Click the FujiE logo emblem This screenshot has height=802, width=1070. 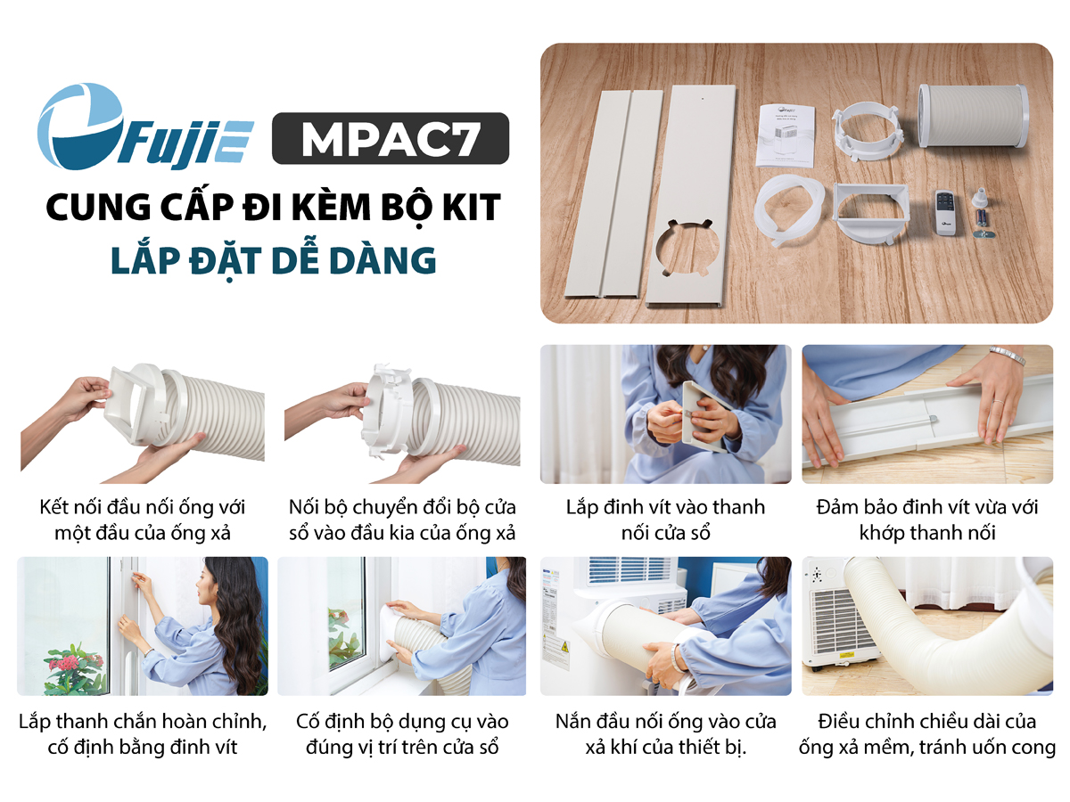point(80,127)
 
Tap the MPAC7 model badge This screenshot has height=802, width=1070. point(391,138)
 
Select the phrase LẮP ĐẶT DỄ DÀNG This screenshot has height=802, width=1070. point(274,261)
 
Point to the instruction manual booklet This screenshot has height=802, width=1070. point(786,135)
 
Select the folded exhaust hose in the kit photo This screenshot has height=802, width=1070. point(973,116)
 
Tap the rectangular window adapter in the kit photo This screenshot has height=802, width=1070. point(871,213)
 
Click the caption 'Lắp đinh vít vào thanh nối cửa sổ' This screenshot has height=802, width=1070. point(665,520)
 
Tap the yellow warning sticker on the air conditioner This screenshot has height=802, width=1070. point(564,648)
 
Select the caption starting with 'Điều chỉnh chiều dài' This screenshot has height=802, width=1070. point(927,734)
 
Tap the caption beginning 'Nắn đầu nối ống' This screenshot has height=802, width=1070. point(665,734)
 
